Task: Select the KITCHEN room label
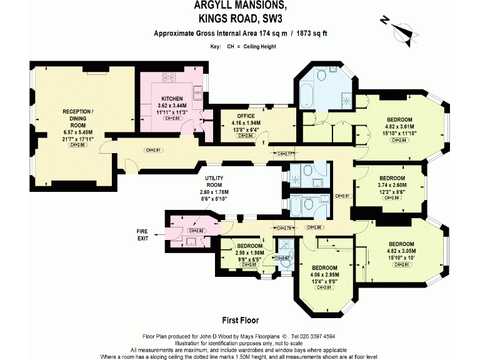[172, 99]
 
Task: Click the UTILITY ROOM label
[214, 181]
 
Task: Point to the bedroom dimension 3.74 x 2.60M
[392, 185]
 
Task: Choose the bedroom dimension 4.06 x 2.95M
[324, 274]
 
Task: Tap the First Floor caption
[241, 320]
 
